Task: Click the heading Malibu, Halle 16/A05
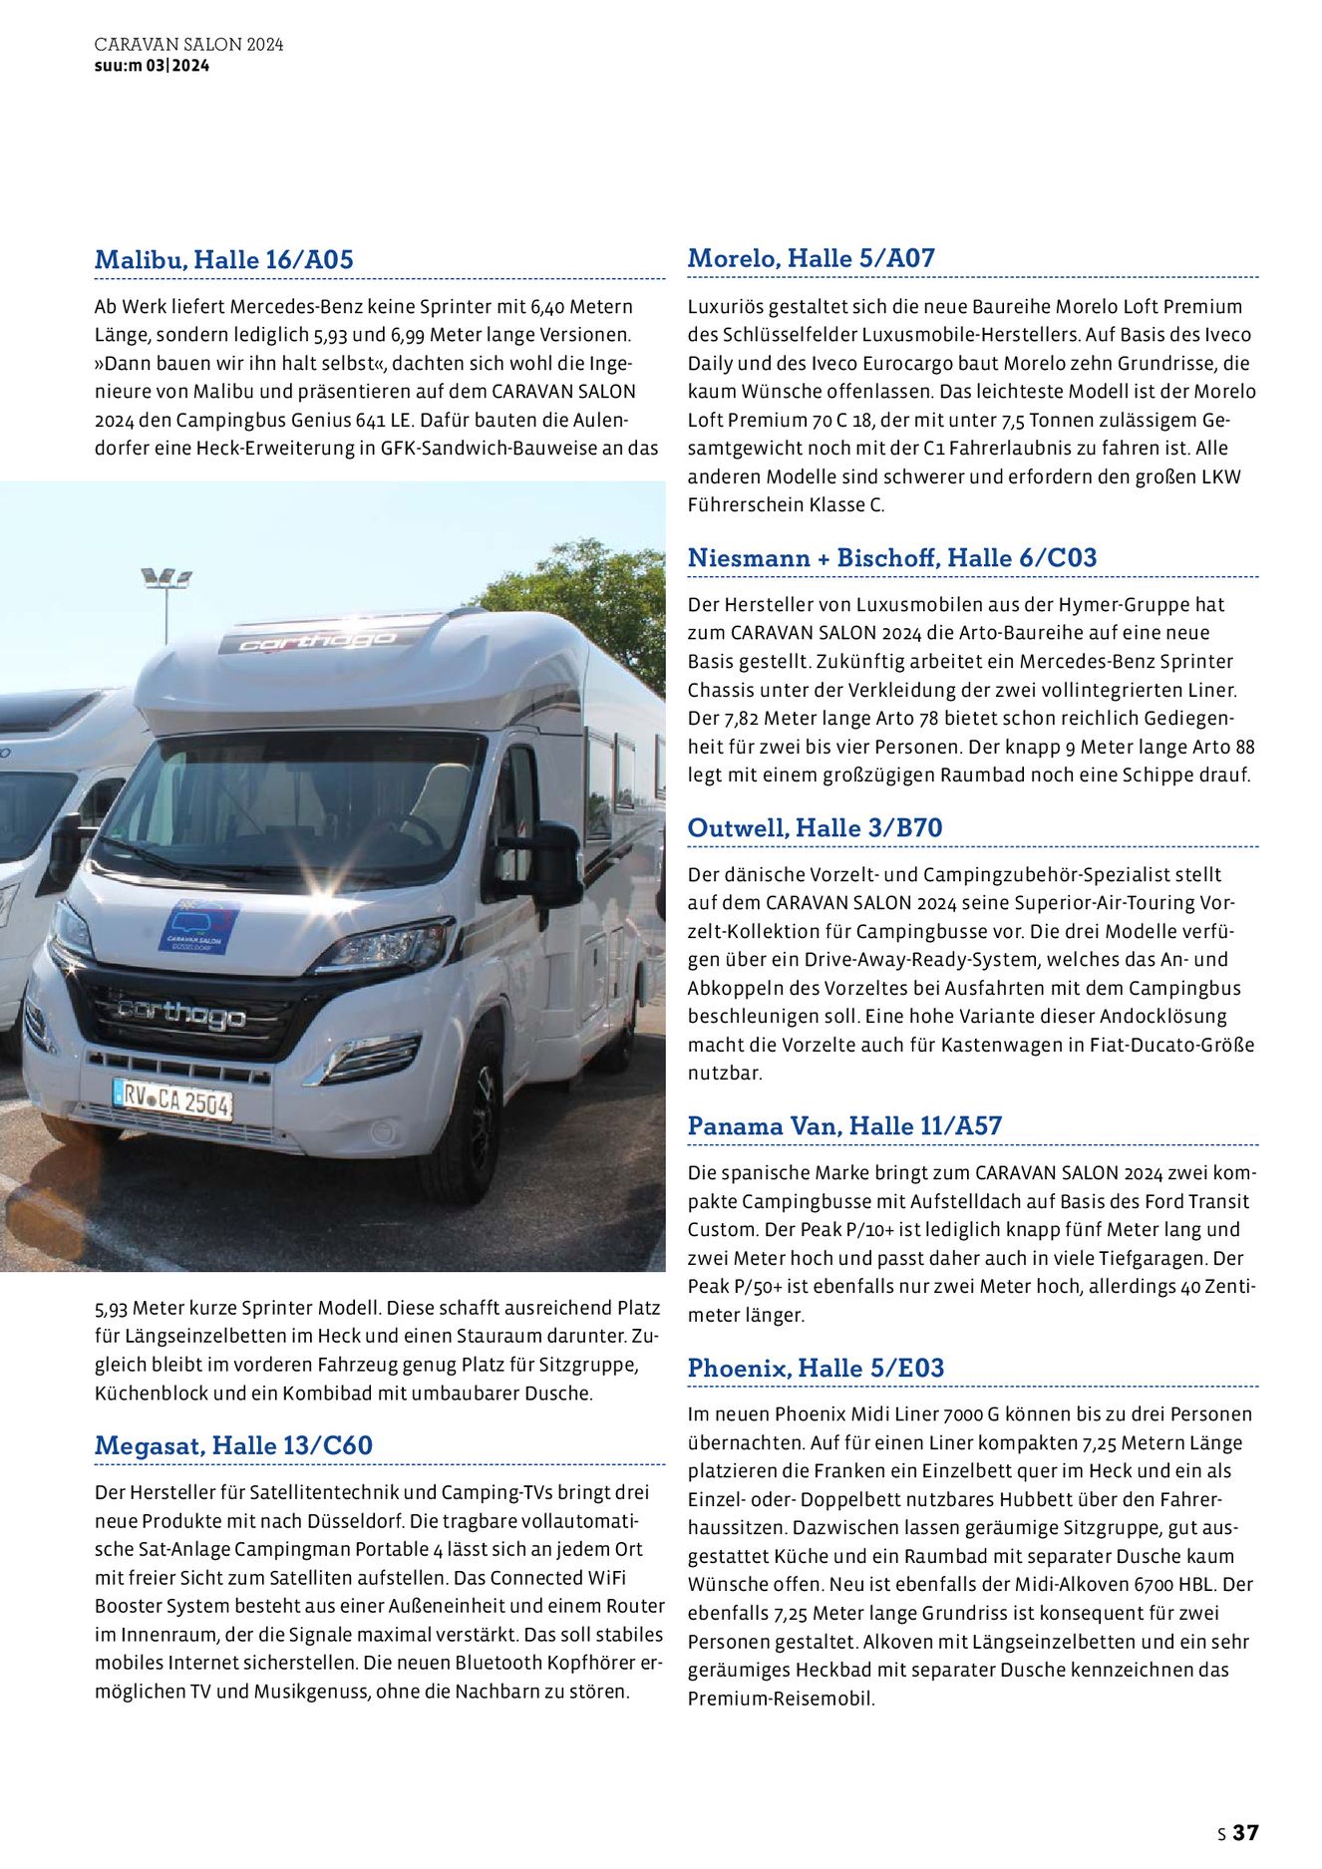224,260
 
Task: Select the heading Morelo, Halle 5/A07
812,258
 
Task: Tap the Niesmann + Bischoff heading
892,558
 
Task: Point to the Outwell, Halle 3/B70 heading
815,828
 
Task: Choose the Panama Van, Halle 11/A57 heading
844,1126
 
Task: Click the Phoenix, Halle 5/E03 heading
816,1369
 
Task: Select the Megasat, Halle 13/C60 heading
233,1445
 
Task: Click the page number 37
1246,1833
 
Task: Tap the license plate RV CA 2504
173,1100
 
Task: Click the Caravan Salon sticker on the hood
198,927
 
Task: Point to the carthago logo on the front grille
181,1014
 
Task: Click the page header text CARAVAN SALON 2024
188,45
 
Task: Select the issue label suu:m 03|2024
152,66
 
